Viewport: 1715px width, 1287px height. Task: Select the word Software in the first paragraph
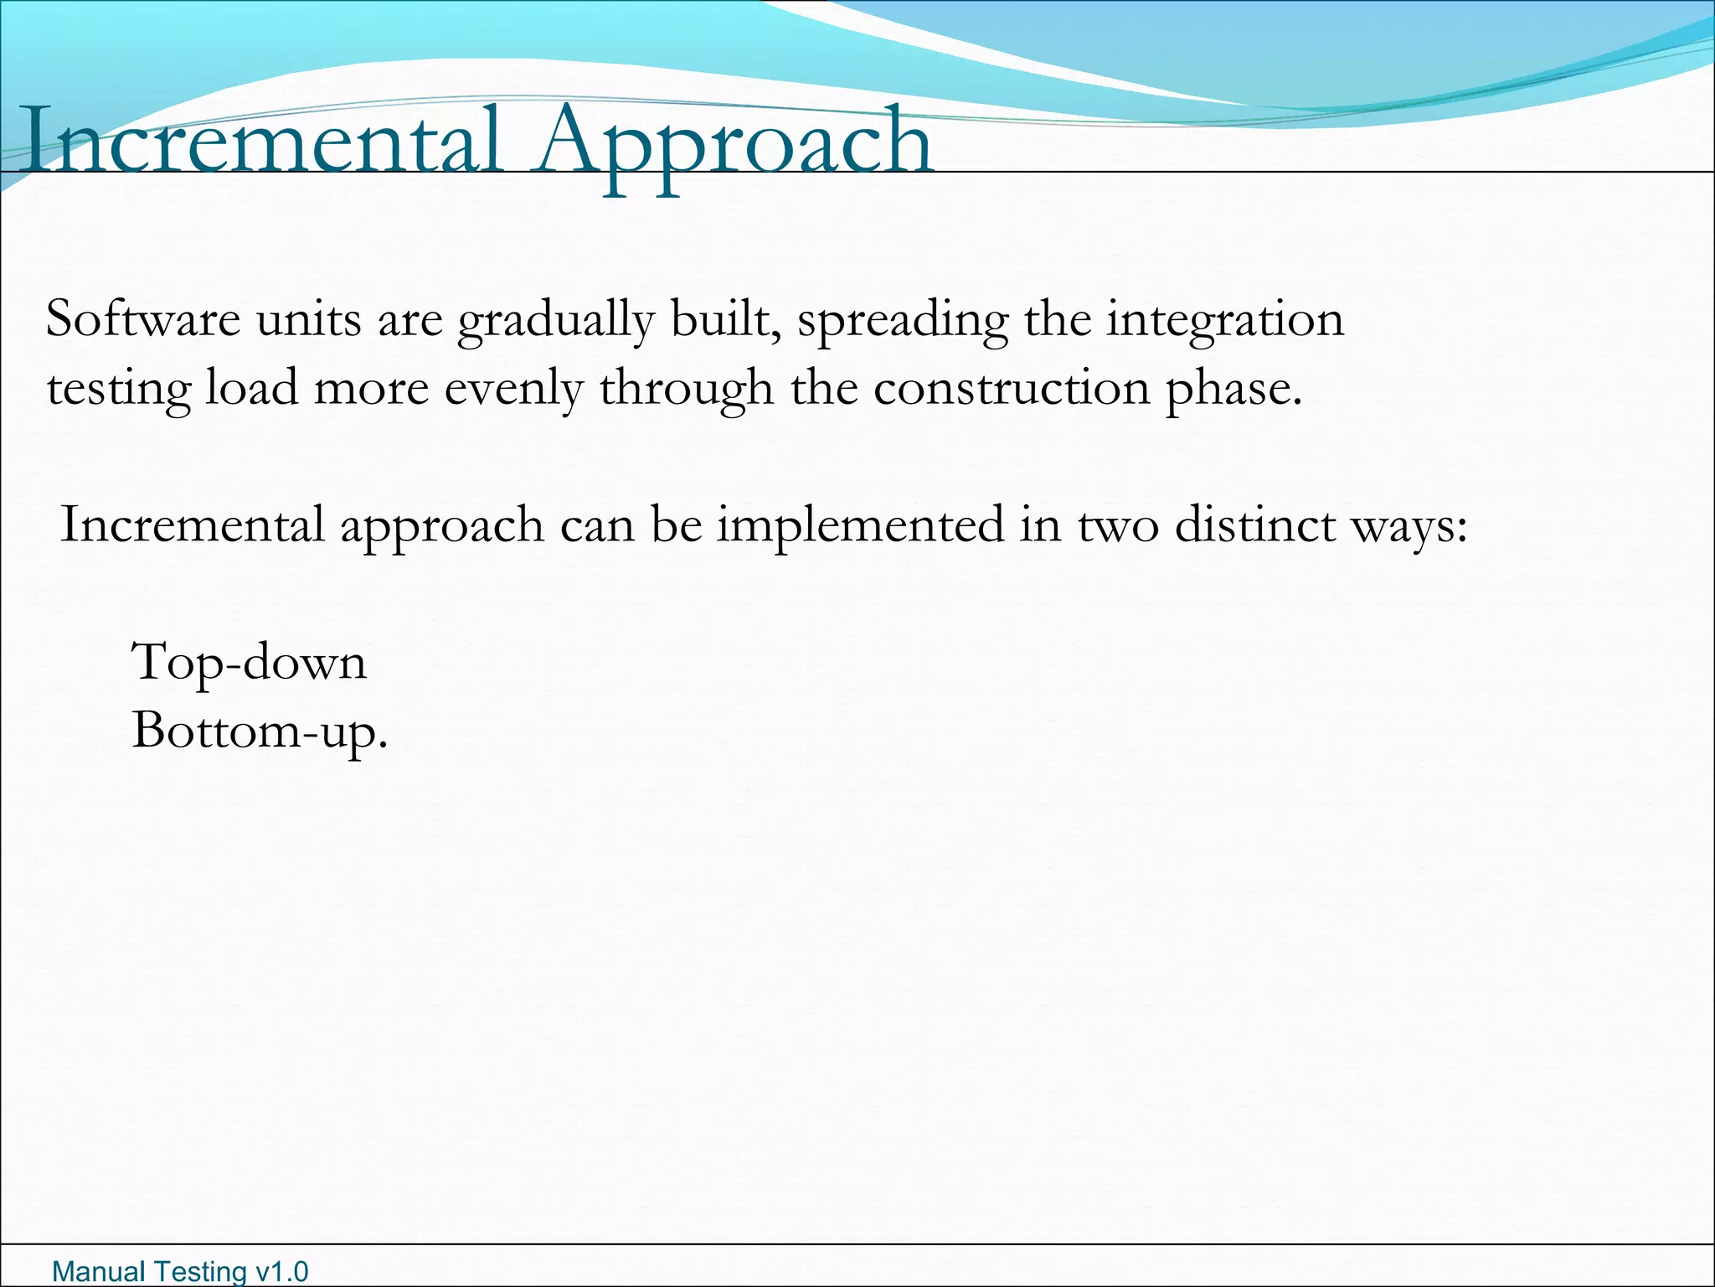(x=143, y=319)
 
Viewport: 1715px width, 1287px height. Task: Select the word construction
(x=1012, y=389)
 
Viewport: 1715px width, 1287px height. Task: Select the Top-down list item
(x=250, y=663)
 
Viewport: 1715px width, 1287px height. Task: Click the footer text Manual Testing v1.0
(x=180, y=1271)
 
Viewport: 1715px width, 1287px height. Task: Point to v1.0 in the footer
(x=282, y=1271)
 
